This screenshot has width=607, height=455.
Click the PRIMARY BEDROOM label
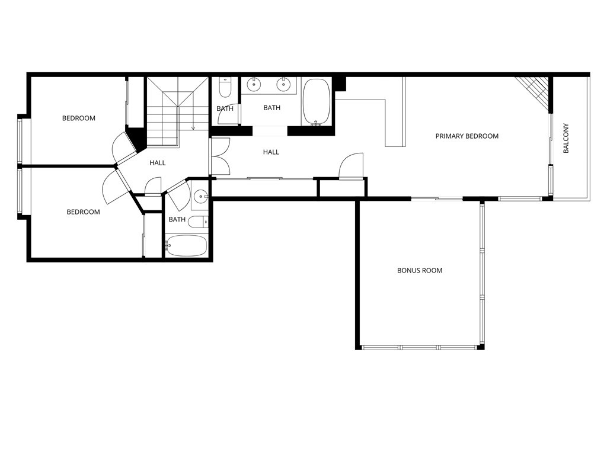click(x=467, y=136)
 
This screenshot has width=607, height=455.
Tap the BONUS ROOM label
click(x=420, y=271)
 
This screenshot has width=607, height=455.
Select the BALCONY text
click(x=566, y=139)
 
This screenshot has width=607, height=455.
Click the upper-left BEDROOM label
click(x=79, y=118)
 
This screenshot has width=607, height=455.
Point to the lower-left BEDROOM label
click(x=83, y=212)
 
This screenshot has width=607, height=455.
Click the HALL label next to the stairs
click(x=158, y=163)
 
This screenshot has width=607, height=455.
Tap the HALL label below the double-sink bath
click(x=271, y=152)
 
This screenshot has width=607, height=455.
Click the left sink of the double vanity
click(x=254, y=85)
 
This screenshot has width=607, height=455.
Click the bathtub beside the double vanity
click(x=317, y=102)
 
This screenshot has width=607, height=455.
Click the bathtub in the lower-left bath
click(x=186, y=245)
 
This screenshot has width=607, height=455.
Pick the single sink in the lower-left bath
click(x=201, y=196)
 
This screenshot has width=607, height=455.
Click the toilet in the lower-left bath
click(x=200, y=222)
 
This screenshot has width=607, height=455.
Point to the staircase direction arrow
click(x=193, y=127)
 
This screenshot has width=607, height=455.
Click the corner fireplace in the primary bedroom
click(x=534, y=92)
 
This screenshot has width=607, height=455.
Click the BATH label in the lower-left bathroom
click(x=177, y=220)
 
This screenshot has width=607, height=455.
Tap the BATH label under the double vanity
click(x=272, y=108)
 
